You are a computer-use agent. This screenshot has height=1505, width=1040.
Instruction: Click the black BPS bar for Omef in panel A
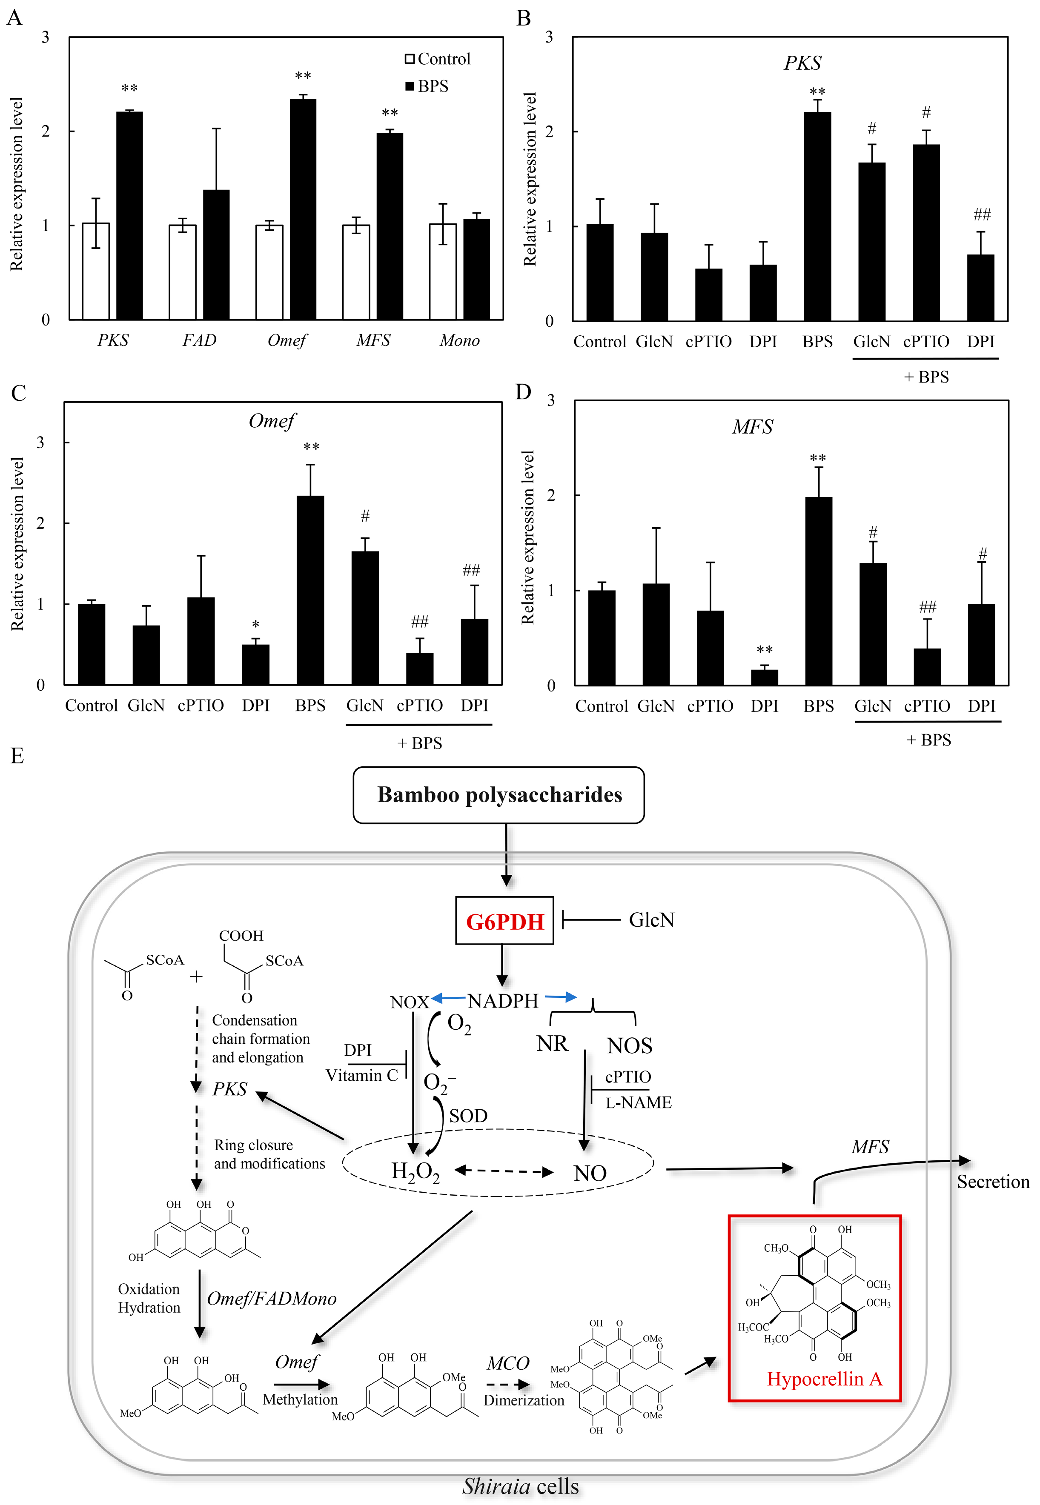point(303,208)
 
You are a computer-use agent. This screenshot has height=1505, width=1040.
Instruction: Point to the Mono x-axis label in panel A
point(459,340)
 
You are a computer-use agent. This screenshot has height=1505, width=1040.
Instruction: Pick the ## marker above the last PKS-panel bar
point(981,214)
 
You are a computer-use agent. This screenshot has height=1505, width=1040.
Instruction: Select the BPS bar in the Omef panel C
point(310,589)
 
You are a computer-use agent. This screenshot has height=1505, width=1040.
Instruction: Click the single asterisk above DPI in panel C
point(255,625)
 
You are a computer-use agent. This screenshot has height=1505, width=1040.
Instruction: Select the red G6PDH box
point(504,921)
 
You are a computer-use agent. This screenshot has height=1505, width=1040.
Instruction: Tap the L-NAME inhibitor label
point(638,1102)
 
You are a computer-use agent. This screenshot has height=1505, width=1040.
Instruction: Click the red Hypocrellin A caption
point(824,1379)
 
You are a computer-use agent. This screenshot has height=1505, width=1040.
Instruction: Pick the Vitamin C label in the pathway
point(362,1075)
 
